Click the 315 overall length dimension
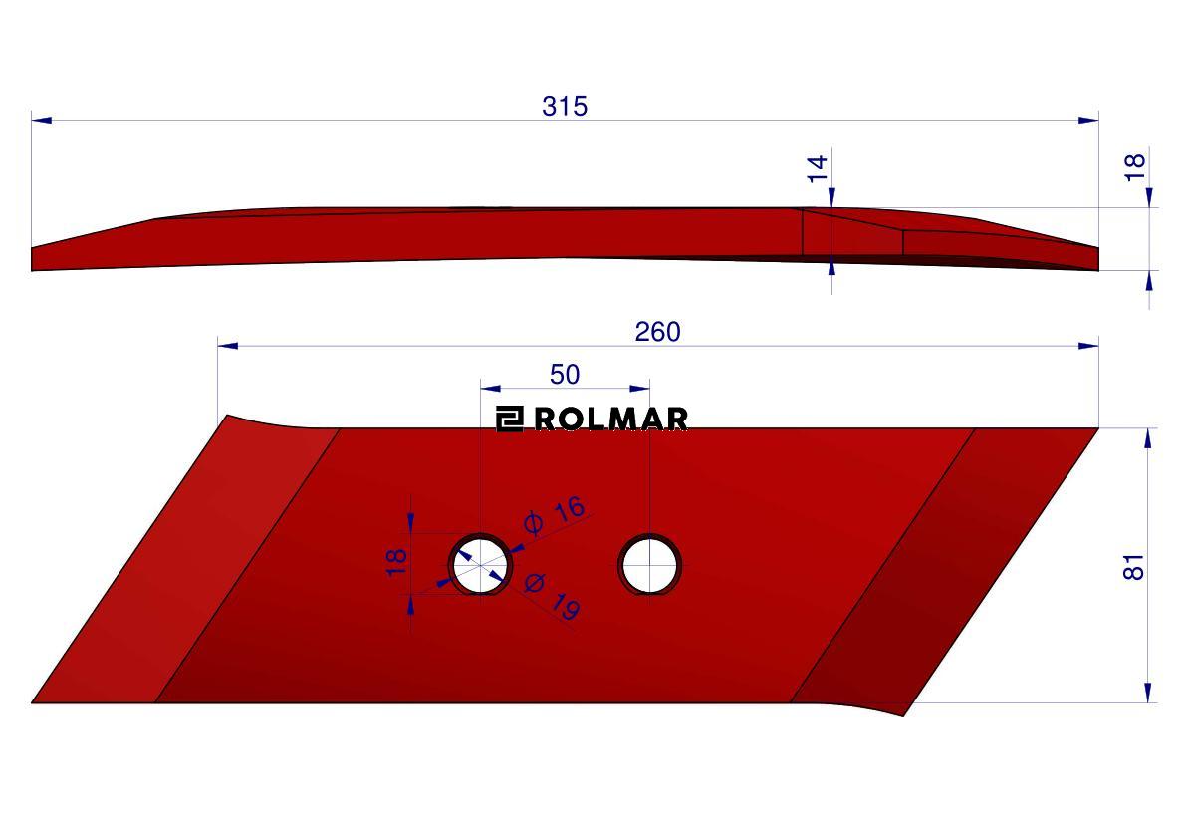(565, 107)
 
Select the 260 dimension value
(657, 332)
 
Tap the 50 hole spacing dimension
(565, 375)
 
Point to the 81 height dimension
(1134, 567)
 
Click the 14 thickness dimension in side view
(818, 168)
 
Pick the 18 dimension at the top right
(1134, 167)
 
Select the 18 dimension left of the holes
(396, 562)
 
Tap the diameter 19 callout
(553, 598)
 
